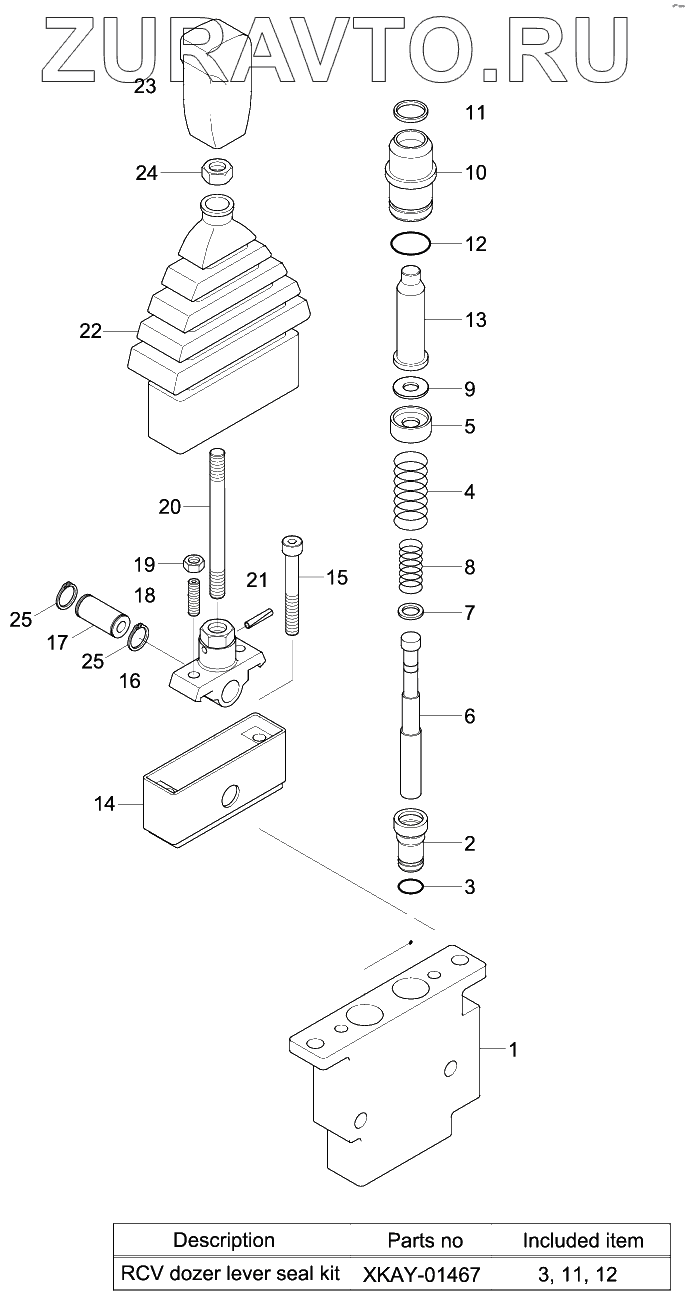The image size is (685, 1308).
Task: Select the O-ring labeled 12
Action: (x=409, y=243)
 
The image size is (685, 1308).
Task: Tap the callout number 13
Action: (x=475, y=320)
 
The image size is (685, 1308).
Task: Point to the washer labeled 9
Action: (x=410, y=386)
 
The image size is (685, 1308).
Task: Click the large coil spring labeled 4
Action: (x=410, y=492)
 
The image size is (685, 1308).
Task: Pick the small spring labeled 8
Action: (x=410, y=567)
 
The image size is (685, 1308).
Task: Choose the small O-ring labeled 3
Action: (x=410, y=887)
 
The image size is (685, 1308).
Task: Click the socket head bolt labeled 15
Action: (x=292, y=590)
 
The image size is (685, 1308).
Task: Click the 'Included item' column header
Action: (x=583, y=1241)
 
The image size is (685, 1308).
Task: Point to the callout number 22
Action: (x=91, y=331)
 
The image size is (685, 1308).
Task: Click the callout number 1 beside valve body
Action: (x=513, y=1049)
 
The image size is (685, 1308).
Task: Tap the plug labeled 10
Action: (x=410, y=175)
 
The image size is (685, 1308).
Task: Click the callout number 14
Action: (x=104, y=803)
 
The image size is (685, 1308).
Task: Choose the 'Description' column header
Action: (x=224, y=1241)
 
